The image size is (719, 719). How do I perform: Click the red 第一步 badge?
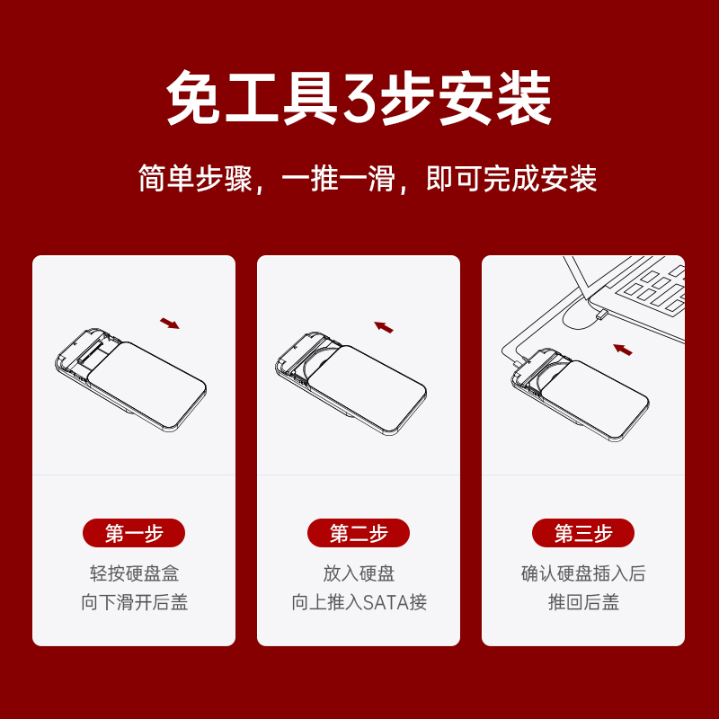tap(133, 533)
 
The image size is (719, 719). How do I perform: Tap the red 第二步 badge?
tap(358, 533)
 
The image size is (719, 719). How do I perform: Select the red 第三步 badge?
tap(582, 533)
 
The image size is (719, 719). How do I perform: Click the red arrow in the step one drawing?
tap(170, 324)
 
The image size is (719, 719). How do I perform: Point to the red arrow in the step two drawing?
tap(384, 327)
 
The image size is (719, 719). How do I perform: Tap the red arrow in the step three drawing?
tap(623, 350)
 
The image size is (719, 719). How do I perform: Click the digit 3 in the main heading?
tap(359, 99)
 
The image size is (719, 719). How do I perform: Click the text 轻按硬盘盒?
tap(134, 573)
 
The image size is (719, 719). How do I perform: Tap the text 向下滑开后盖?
tap(134, 602)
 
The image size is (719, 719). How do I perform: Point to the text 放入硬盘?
tap(359, 573)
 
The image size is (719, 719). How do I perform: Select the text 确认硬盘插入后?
tap(583, 573)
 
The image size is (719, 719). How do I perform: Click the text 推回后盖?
tap(583, 602)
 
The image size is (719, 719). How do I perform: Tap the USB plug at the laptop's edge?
tap(601, 315)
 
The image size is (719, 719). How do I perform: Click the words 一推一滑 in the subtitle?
tap(339, 178)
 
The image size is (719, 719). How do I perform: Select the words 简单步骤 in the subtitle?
tap(195, 178)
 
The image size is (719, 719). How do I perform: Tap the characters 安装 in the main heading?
tap(495, 98)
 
